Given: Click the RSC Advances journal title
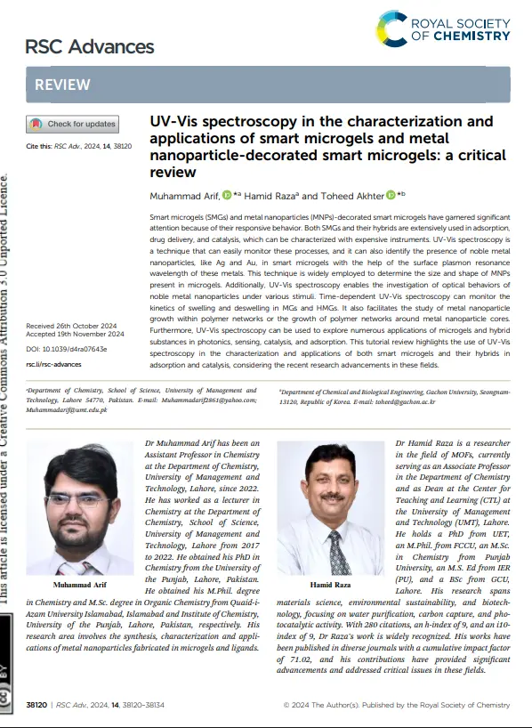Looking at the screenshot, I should point(90,46).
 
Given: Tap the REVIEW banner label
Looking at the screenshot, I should point(62,85).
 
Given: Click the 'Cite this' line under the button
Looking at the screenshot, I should point(79,144).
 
